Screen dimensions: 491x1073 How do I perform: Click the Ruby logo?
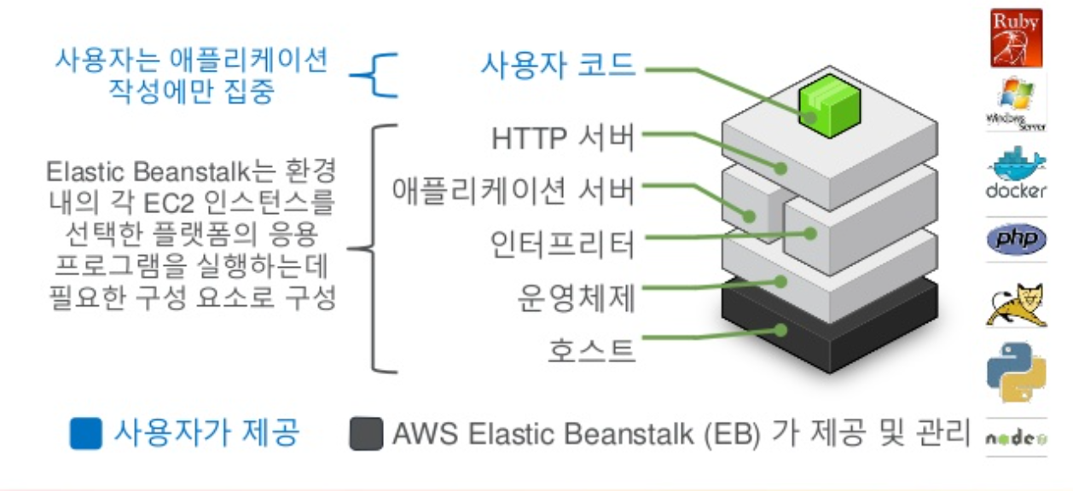pyautogui.click(x=1016, y=38)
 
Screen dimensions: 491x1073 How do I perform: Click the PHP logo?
pyautogui.click(x=1016, y=240)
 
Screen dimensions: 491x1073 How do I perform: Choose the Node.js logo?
pyautogui.click(x=1016, y=438)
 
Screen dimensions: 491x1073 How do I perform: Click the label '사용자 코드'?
pyautogui.click(x=558, y=65)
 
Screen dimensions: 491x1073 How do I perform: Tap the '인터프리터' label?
pyautogui.click(x=563, y=245)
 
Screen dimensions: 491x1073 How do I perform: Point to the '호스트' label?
pyautogui.click(x=592, y=349)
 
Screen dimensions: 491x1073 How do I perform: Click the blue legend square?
pyautogui.click(x=87, y=434)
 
